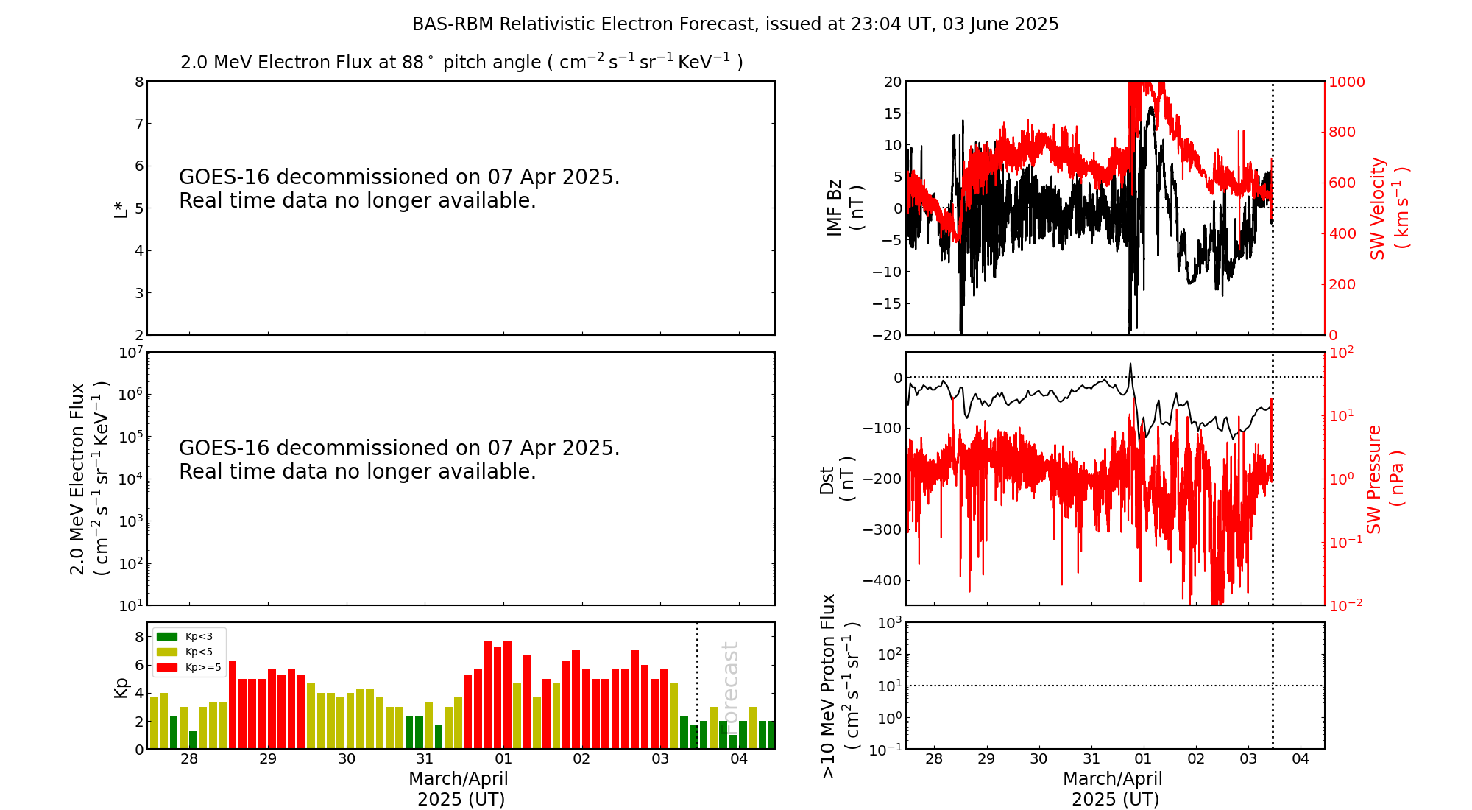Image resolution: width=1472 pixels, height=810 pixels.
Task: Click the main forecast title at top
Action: click(x=735, y=24)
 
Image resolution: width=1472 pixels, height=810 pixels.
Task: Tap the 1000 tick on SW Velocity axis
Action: click(x=1346, y=82)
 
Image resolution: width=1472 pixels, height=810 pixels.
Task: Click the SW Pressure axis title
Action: click(x=1385, y=479)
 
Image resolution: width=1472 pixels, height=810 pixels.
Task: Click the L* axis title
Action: click(x=121, y=208)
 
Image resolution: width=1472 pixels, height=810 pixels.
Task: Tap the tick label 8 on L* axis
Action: click(x=139, y=82)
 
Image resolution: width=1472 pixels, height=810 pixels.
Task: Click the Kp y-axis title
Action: click(x=121, y=687)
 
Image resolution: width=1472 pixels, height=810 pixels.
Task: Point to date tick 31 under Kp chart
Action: click(x=425, y=759)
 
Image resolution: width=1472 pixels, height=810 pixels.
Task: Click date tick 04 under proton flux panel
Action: click(x=1301, y=759)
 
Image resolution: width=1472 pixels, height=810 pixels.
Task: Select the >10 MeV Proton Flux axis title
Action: click(x=840, y=686)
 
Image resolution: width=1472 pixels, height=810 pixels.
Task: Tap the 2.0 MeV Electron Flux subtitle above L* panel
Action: click(x=461, y=62)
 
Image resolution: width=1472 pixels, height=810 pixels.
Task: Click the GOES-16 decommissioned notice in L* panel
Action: click(x=400, y=189)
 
